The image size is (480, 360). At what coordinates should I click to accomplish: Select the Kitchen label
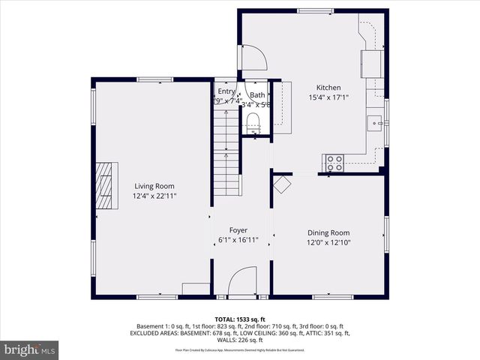[328, 88]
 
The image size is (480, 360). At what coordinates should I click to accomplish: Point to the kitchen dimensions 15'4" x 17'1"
[328, 97]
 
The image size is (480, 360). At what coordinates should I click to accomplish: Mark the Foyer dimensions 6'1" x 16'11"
[238, 241]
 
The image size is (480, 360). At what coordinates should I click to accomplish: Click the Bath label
[257, 95]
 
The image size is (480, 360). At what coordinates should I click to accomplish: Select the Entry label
[226, 91]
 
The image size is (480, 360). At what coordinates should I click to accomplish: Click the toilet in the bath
[252, 122]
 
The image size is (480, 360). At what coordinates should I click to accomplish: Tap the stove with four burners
[333, 162]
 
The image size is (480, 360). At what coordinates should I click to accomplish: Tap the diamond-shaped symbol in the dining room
[282, 184]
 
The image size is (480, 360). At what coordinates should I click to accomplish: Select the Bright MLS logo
[30, 349]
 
